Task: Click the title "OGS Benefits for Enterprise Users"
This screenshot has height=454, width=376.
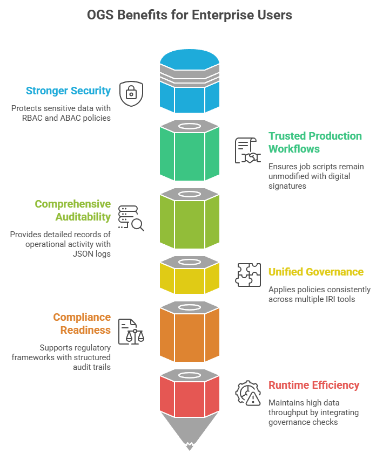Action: pyautogui.click(x=189, y=15)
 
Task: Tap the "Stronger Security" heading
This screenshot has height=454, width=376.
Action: pyautogui.click(x=68, y=91)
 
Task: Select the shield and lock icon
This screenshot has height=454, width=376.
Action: pyautogui.click(x=131, y=93)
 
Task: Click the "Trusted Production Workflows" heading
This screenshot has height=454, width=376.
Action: pyautogui.click(x=315, y=142)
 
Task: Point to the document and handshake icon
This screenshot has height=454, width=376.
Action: pyautogui.click(x=247, y=150)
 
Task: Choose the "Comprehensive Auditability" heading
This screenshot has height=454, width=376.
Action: pyautogui.click(x=73, y=210)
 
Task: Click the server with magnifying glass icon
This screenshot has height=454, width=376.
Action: pyautogui.click(x=131, y=218)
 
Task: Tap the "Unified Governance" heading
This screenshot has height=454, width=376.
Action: pyautogui.click(x=316, y=272)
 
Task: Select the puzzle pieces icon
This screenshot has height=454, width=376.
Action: pyautogui.click(x=248, y=274)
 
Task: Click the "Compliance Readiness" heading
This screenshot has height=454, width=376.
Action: pyautogui.click(x=82, y=324)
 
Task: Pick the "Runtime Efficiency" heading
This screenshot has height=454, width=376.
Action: pyautogui.click(x=314, y=385)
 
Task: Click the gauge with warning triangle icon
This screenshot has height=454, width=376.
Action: pyautogui.click(x=248, y=393)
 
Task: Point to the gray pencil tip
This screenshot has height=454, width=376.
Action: pyautogui.click(x=189, y=434)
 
